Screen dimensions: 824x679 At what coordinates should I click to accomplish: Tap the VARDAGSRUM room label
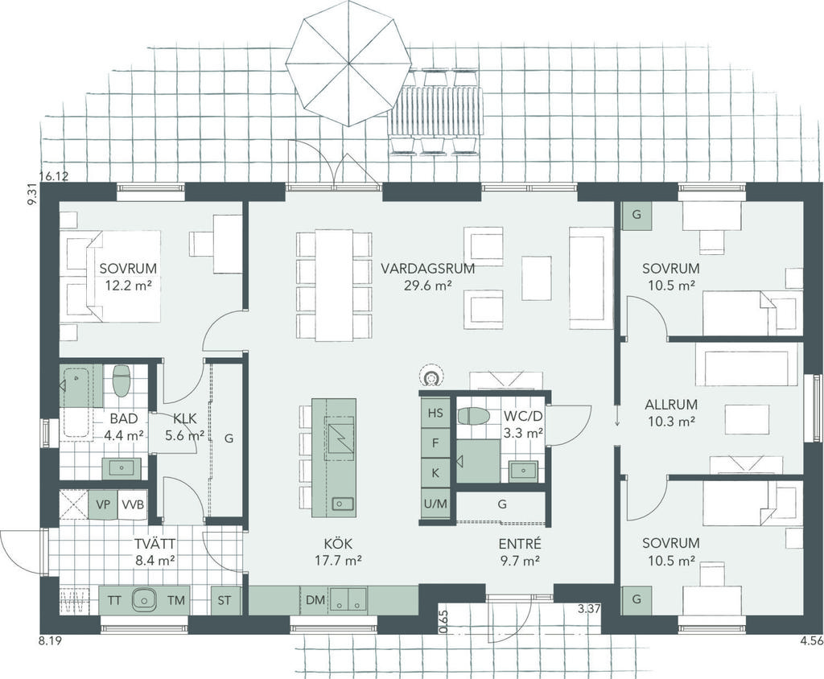point(428,269)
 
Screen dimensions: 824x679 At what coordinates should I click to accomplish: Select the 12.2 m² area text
point(128,286)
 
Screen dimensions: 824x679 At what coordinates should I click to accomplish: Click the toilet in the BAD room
point(122,381)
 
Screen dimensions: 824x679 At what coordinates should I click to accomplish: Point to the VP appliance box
point(103,504)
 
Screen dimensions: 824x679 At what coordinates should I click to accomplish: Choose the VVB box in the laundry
point(133,504)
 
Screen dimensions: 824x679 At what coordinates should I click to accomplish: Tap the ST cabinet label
point(225,600)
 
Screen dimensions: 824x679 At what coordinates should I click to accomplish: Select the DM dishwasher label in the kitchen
point(315,599)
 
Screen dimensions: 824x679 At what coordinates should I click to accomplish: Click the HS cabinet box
point(435,413)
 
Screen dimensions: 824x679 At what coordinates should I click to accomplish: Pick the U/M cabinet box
point(435,504)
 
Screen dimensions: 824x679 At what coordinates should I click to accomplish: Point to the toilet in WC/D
point(473,416)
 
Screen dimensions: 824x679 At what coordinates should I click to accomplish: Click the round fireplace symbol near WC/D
point(432,377)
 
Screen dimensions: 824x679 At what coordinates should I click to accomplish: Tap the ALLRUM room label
point(671,405)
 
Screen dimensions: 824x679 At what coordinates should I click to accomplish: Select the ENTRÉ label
point(519,544)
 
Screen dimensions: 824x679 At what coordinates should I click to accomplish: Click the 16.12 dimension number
point(54,176)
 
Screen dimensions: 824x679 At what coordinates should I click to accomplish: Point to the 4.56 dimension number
point(811,640)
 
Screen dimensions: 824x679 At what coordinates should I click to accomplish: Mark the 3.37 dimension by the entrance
point(589,609)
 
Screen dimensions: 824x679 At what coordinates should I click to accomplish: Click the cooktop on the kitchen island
point(340,434)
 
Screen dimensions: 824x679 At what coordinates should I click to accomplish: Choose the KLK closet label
point(185,418)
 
